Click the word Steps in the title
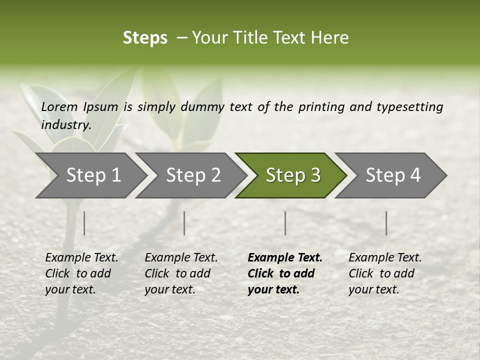pos(145,38)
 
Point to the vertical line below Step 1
pos(84,223)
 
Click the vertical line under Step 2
pos(184,223)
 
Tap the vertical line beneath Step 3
pos(285,223)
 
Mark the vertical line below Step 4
pos(386,223)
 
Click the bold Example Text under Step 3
pos(285,273)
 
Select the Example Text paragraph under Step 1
pos(81,273)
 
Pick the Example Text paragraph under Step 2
pos(181,273)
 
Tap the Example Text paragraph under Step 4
pos(385,273)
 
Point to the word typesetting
pos(409,106)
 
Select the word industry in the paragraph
pos(65,124)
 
